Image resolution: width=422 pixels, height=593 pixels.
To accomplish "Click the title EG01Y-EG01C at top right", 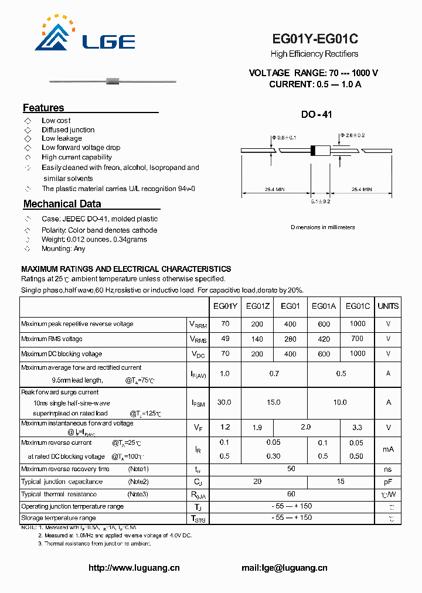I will point(315,39).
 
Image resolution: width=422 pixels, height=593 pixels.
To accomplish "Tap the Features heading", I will point(43,108).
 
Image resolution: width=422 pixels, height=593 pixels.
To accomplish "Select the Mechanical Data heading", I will point(62,204).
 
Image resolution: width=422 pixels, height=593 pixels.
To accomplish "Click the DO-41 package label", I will point(316,115).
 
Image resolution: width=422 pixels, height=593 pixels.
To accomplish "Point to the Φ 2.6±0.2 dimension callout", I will point(353,135).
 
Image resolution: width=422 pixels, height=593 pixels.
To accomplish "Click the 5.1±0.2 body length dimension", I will point(321,201).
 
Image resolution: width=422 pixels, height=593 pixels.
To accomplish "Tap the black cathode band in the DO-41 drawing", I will point(313,150).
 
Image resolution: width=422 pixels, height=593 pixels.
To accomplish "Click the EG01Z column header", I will point(258,306).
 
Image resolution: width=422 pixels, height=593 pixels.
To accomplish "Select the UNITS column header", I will point(388,306).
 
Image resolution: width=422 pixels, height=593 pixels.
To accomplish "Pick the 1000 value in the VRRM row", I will point(358,323).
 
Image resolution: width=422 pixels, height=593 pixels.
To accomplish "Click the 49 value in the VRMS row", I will point(225,339).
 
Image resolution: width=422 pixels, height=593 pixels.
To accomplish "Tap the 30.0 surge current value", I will point(224,403).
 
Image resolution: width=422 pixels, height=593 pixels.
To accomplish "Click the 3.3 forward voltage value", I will point(358,428).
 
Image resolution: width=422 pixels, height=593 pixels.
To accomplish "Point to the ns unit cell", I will point(388,469).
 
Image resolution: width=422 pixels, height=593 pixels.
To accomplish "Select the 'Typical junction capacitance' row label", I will point(62,482).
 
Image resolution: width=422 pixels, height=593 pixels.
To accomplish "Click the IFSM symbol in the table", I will point(198,403).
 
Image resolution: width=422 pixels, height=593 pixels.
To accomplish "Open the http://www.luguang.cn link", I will point(134,568).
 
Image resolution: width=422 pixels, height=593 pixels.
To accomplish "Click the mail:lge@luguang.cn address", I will point(284,568).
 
